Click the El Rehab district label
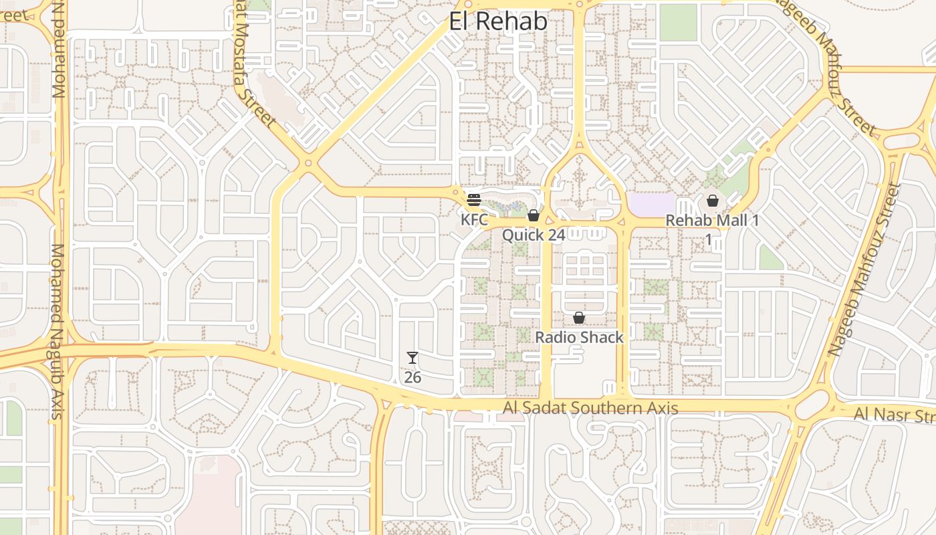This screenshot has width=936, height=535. pos(498,21)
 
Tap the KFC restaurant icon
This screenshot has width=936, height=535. pos(474,199)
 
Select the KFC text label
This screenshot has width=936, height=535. pos(474,219)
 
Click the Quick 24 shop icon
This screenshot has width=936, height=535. pos(533,215)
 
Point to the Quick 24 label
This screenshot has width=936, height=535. pos(534,235)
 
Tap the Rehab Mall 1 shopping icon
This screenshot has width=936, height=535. pos(712,200)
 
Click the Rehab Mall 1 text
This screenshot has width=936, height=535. pos(713,221)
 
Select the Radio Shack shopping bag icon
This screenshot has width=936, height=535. pos(579,318)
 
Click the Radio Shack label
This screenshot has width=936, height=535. pos(579,338)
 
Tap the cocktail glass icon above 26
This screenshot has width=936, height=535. pos(413,358)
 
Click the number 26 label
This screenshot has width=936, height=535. pos(413,377)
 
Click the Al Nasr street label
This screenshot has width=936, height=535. pos(894,415)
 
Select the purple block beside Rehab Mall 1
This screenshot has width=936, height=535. pos(652,204)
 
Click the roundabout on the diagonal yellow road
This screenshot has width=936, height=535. pos(308,163)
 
